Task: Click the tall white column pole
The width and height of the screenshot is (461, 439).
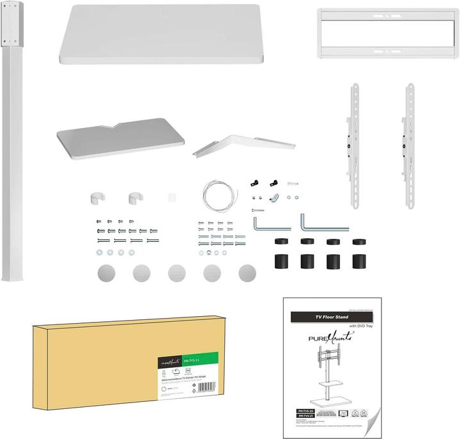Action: pyautogui.click(x=15, y=160)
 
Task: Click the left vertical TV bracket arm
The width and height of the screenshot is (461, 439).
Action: pyautogui.click(x=354, y=144)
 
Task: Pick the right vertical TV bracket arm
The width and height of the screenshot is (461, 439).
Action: pyautogui.click(x=409, y=144)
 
